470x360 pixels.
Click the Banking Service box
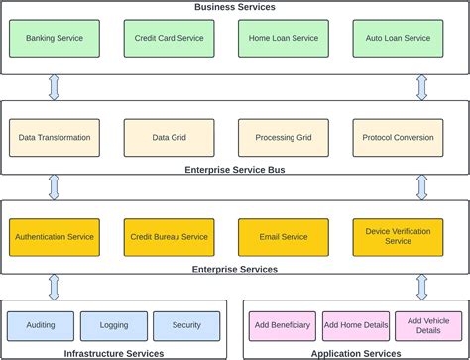pos(55,38)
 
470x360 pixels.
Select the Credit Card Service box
pos(169,38)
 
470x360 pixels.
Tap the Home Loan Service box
pos(283,38)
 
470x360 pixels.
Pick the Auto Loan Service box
pos(398,38)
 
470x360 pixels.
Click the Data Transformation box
pos(55,138)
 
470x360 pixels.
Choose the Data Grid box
pos(169,138)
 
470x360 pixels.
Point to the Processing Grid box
pos(283,138)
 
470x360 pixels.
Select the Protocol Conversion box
pos(398,138)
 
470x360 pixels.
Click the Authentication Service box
pos(55,237)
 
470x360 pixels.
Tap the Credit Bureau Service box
pos(169,237)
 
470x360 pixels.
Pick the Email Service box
pos(283,237)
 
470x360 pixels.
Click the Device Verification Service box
pos(398,237)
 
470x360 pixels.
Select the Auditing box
pos(41,325)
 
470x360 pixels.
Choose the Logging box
pos(113,325)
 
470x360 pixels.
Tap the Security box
pos(185,325)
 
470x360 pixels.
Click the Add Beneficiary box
pos(283,325)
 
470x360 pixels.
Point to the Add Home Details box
pos(355,325)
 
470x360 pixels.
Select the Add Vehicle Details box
pos(427,325)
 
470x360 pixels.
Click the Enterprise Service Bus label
pos(235,170)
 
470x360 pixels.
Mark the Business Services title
pos(235,7)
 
